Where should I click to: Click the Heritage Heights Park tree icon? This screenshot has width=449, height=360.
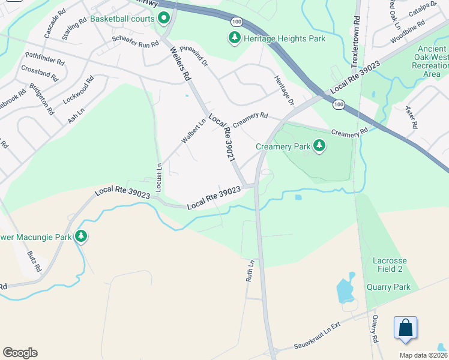pos(234,38)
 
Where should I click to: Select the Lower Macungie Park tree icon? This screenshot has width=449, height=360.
pos(81,237)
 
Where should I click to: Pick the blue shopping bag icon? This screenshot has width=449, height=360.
pos(405,328)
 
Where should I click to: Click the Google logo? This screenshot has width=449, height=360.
pos(20,353)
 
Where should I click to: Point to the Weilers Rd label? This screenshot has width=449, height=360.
pos(179,64)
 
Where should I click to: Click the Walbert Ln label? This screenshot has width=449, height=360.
pos(194,131)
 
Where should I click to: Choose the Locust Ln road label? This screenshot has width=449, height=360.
pos(159,178)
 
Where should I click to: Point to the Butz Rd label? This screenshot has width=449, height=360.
pos(34,262)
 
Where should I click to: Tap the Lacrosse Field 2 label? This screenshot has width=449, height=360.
pos(390,265)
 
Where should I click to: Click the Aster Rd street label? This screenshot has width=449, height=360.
pos(411,117)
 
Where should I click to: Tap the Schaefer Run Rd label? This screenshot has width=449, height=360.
pos(135,43)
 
